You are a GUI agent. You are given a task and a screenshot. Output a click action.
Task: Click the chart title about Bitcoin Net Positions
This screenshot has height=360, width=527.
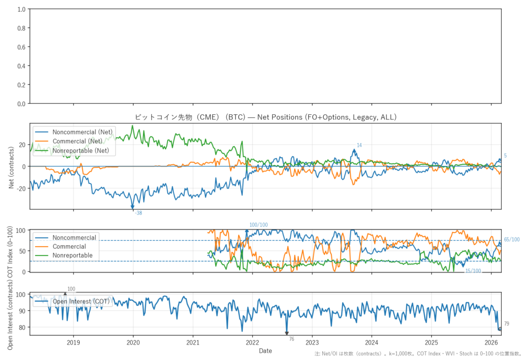pos(265,117)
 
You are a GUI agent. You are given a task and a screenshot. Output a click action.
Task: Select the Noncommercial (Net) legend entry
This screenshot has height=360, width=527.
pos(82,132)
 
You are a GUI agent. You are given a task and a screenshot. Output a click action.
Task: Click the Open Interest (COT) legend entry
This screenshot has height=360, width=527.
pos(81,301)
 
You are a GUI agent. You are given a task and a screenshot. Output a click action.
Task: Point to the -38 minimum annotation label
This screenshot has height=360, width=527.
pos(138,213)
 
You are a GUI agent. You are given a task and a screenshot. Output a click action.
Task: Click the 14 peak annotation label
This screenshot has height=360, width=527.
pos(359,146)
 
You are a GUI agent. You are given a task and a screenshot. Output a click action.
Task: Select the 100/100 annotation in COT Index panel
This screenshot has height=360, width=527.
pos(258,225)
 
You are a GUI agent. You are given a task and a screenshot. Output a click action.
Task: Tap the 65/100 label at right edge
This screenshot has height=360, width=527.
pos(512,239)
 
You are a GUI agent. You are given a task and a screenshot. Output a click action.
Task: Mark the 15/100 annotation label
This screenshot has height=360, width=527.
pos(473,271)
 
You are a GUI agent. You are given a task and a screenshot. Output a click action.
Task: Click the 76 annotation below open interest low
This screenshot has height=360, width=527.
pos(291,339)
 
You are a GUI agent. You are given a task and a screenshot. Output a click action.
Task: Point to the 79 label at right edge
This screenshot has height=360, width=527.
pos(506,324)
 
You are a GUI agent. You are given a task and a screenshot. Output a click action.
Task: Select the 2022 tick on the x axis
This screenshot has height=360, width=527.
pos(252,342)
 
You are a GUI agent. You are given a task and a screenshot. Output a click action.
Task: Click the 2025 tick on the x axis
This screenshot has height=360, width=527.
pos(431,342)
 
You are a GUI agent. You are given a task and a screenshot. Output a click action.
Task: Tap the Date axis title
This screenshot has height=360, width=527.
pos(266,351)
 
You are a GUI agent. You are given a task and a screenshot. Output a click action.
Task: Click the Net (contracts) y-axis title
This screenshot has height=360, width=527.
pos(12,166)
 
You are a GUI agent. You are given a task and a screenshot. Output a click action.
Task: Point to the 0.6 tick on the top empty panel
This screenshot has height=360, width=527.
pos(21,47)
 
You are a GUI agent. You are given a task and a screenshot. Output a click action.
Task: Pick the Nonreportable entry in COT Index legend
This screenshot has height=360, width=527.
pos(73,255)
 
